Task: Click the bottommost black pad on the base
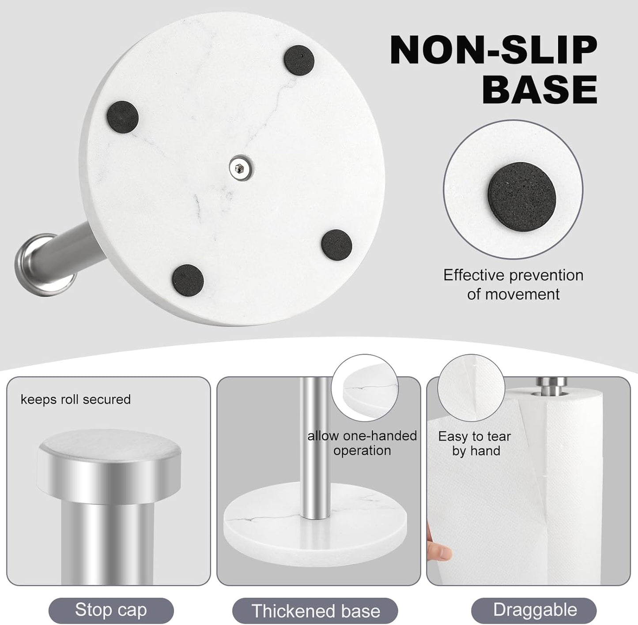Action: [x=188, y=281]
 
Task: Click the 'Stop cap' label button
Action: [x=111, y=610]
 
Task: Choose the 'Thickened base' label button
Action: [x=315, y=611]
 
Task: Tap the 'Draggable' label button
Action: [x=535, y=610]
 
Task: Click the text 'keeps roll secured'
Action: [x=76, y=400]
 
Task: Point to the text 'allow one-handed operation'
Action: [x=362, y=443]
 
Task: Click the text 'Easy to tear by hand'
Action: [x=475, y=443]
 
